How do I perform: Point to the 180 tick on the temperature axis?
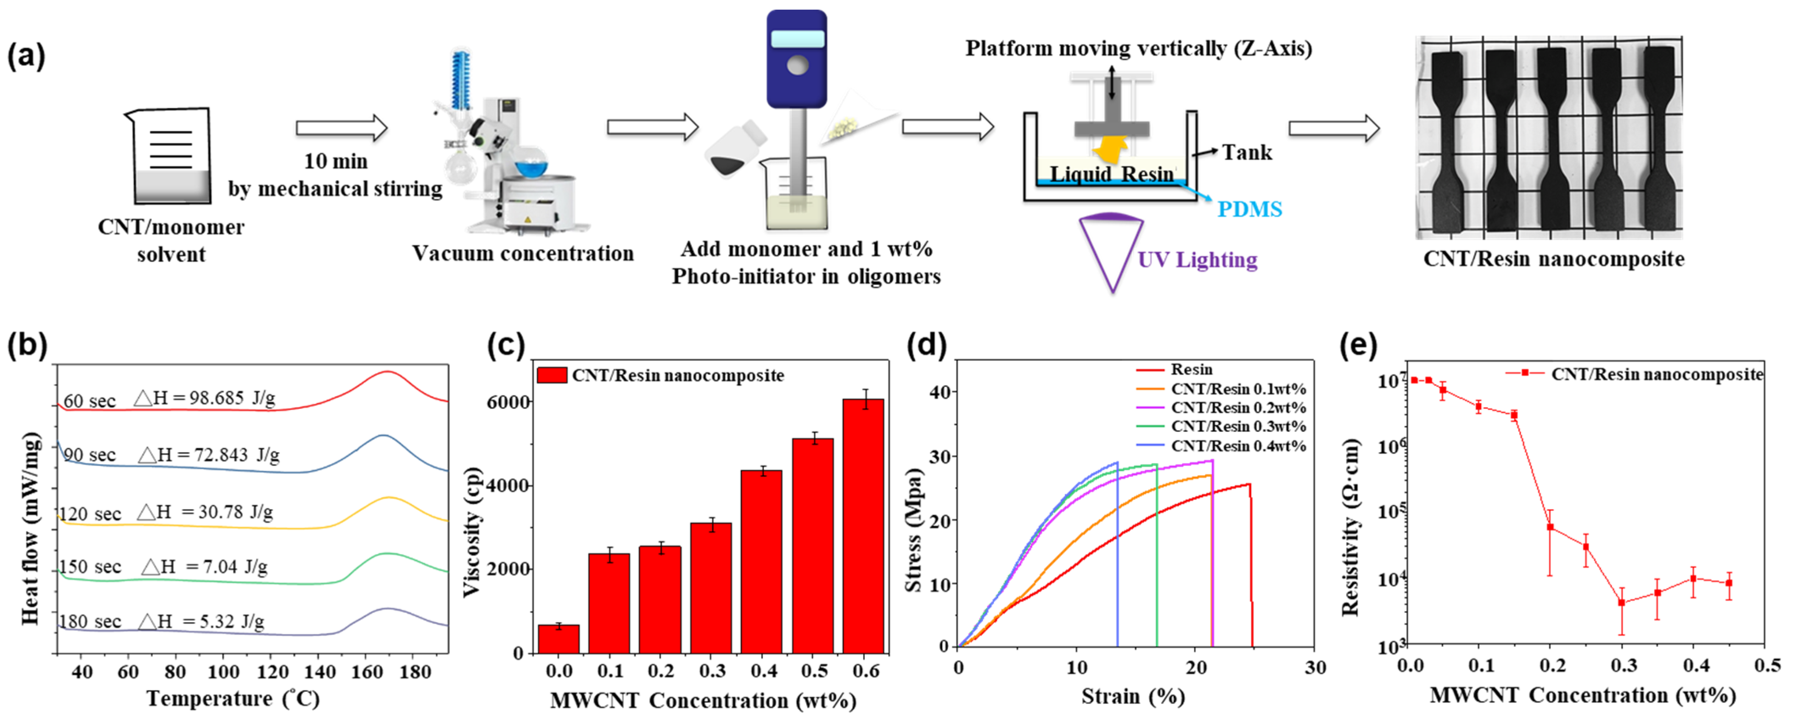tap(415, 672)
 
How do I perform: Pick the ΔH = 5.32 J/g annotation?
tap(202, 621)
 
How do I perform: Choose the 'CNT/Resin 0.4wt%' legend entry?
tap(1237, 446)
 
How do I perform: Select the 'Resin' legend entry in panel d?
tap(1192, 369)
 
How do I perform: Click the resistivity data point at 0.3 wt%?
tap(1621, 603)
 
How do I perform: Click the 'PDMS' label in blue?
tap(1249, 209)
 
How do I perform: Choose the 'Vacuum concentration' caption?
tap(523, 253)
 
